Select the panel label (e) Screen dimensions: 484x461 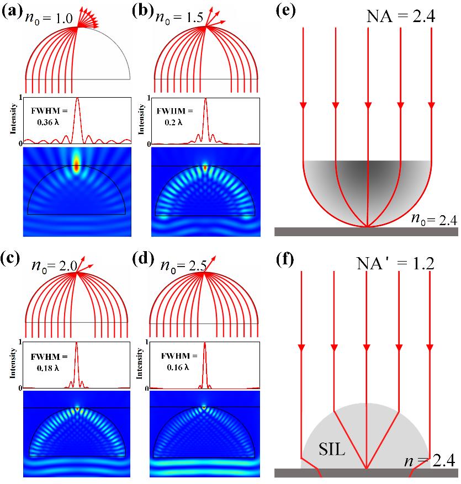click(x=285, y=13)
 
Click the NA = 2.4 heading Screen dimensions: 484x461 click(x=402, y=17)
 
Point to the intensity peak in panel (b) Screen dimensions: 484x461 click(x=205, y=100)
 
